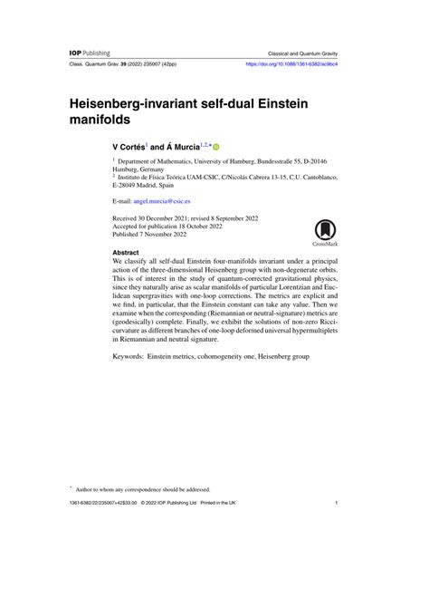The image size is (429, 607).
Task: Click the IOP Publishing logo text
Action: pos(90,53)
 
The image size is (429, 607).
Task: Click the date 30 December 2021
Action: pos(167,218)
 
